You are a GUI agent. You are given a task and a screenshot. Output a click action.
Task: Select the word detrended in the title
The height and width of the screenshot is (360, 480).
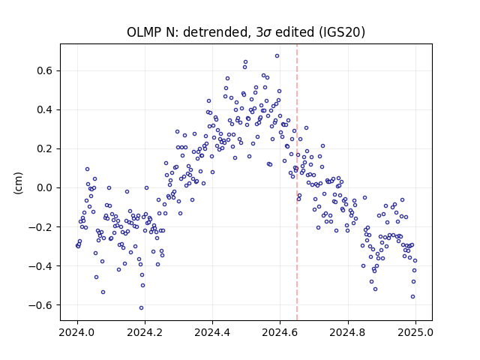[x=215, y=32]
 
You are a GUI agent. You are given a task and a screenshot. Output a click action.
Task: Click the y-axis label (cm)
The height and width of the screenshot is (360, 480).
[x=18, y=183]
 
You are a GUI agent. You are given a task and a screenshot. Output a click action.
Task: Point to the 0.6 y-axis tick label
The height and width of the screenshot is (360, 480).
[x=45, y=70]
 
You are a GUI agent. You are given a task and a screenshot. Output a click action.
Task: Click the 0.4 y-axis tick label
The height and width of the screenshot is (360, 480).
[x=45, y=109]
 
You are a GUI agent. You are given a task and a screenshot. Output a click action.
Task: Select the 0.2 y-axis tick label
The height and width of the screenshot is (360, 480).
[x=45, y=148]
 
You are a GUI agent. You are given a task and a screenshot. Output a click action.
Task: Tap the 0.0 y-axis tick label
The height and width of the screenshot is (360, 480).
[x=45, y=187]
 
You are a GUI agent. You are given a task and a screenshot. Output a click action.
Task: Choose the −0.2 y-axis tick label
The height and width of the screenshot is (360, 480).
[x=40, y=226]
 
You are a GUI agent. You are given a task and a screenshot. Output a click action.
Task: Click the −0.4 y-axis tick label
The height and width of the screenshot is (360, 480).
[x=40, y=265]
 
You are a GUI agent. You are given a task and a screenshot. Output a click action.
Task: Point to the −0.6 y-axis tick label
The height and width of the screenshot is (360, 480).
[x=40, y=305]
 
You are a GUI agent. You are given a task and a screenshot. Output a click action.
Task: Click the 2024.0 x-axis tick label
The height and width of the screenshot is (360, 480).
[x=77, y=332]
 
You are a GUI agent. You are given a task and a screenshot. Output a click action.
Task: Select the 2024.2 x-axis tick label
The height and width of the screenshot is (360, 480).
[x=145, y=332]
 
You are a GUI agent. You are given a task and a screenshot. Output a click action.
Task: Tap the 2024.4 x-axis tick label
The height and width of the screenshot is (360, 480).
[x=212, y=332]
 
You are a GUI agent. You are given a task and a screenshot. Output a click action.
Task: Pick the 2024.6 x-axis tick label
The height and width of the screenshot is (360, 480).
[x=280, y=332]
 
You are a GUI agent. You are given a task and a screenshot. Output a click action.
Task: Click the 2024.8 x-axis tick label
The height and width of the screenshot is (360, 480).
[x=348, y=332]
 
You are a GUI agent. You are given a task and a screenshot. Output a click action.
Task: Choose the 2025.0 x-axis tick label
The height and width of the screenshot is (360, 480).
[x=415, y=332]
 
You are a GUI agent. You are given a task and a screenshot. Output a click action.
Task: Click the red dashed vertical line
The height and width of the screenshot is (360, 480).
[x=297, y=182]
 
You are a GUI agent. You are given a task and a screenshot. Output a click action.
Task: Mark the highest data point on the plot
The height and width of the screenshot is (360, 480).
[x=277, y=55]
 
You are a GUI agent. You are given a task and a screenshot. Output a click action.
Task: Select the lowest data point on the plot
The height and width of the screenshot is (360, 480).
[x=141, y=307]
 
